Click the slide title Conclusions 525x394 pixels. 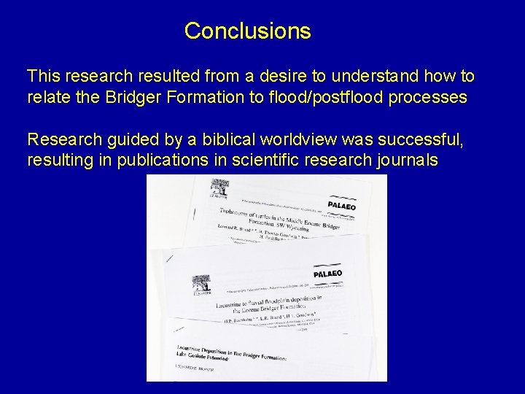coord(247,31)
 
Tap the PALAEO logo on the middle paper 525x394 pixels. coord(327,274)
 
